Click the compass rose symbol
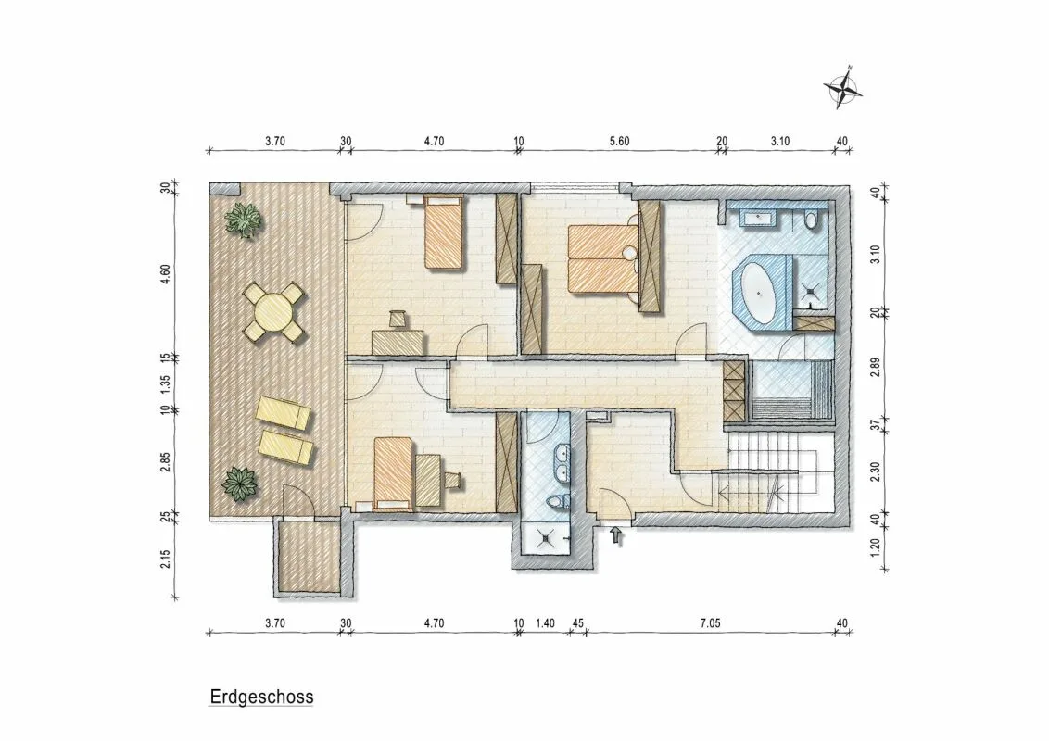click(843, 87)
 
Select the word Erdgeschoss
click(261, 697)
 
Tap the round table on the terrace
click(275, 311)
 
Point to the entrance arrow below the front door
click(616, 535)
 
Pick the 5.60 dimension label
click(619, 141)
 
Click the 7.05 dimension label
click(710, 623)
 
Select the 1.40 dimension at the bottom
click(545, 623)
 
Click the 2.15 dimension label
click(166, 559)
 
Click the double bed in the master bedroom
click(602, 258)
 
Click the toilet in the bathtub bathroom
click(812, 220)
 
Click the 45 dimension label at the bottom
click(578, 623)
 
